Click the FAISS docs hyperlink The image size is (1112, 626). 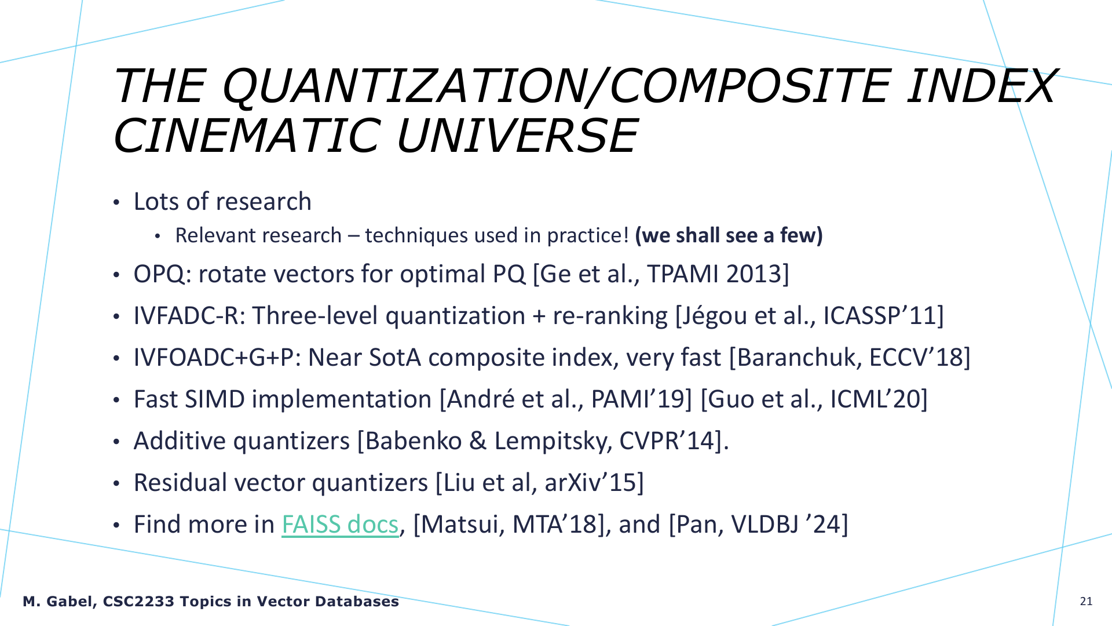click(340, 525)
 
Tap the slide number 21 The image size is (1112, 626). click(1086, 601)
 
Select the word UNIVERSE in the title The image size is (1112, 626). click(517, 135)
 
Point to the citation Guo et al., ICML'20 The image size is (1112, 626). click(814, 399)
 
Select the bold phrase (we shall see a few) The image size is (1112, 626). click(729, 236)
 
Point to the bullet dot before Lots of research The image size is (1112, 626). click(116, 203)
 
